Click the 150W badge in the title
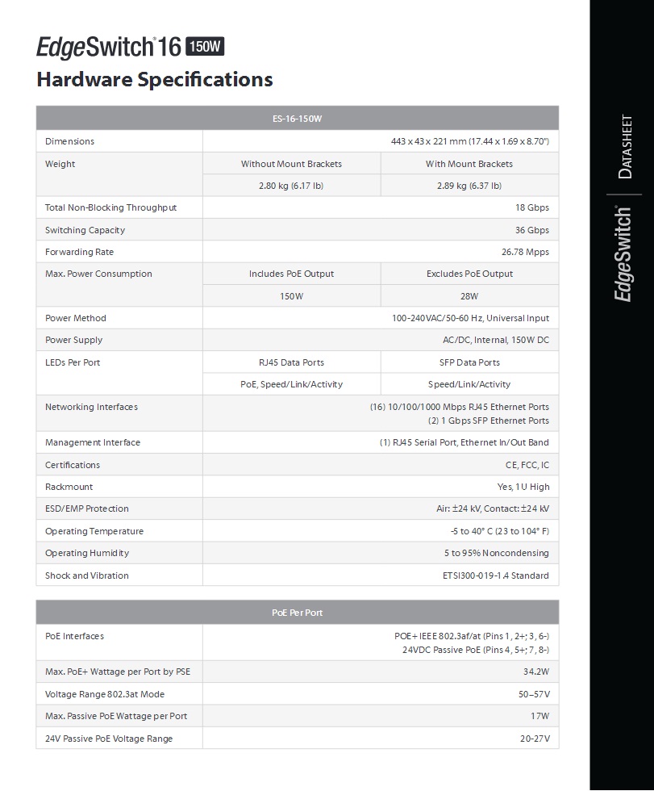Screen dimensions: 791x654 [x=206, y=47]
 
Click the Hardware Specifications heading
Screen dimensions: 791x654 [x=155, y=79]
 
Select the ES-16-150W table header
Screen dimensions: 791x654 [x=297, y=119]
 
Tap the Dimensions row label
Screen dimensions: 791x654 [x=69, y=141]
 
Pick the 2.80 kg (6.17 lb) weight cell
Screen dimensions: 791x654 [x=291, y=186]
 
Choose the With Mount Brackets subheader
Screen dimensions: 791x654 [x=469, y=164]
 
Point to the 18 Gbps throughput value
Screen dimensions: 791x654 [x=532, y=207]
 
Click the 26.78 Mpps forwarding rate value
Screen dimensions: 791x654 [x=525, y=252]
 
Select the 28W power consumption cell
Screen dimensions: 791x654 [x=469, y=296]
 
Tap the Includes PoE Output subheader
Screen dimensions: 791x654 [x=291, y=274]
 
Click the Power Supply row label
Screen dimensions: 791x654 [x=73, y=340]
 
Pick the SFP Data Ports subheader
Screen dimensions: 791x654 [x=469, y=362]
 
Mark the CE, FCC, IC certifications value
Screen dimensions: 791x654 [x=527, y=465]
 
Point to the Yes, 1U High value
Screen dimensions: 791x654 [x=523, y=487]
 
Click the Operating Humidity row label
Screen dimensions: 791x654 [x=87, y=553]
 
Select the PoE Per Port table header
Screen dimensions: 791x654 [x=297, y=613]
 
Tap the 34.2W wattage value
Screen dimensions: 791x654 [x=535, y=672]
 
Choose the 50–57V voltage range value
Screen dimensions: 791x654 [x=534, y=694]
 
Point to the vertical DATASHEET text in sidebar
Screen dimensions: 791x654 [x=625, y=148]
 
